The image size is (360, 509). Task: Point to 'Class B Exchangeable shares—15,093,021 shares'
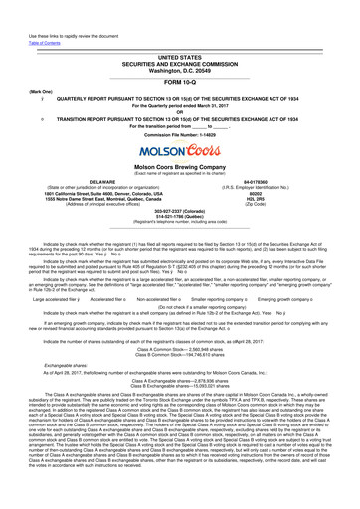point(180,370)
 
